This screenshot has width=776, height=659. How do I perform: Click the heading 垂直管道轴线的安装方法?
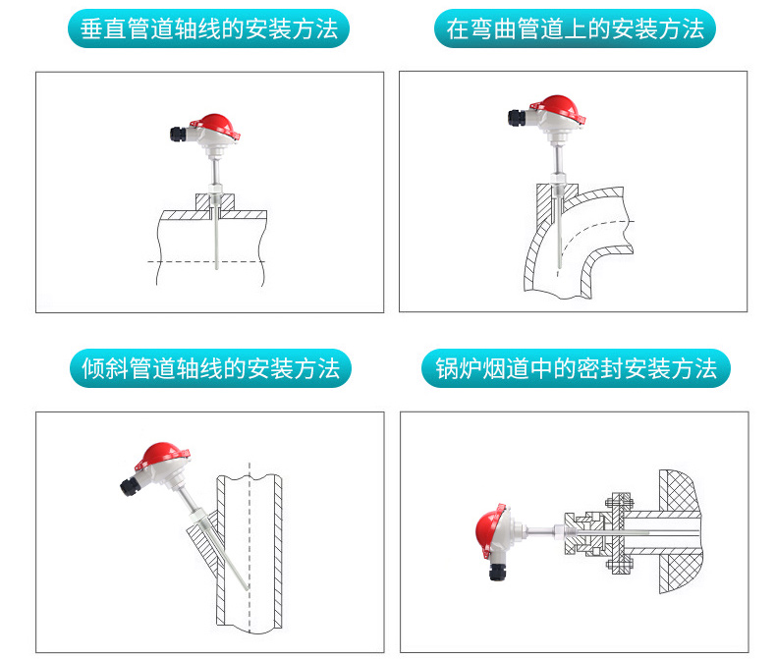[209, 29]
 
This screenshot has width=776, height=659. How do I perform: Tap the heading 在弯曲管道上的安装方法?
[575, 29]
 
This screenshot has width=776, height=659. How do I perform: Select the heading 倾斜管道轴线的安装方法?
[210, 368]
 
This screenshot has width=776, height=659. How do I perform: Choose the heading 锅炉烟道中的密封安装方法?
[576, 368]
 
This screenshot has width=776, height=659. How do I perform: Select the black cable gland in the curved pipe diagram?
[517, 117]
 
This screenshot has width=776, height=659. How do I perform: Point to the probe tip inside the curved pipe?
[557, 270]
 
